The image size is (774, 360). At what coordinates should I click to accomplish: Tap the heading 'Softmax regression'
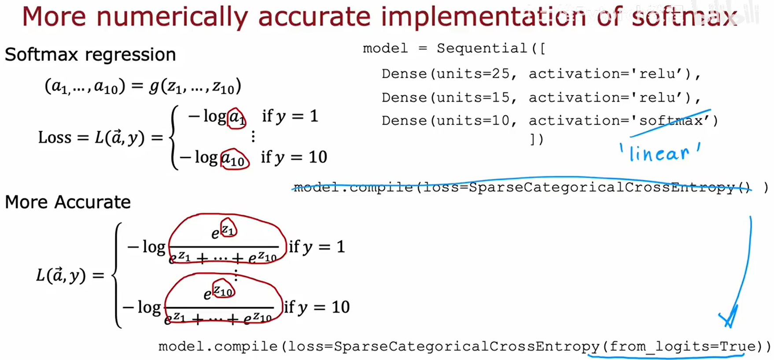click(x=90, y=55)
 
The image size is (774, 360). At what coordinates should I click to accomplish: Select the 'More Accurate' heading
click(x=68, y=202)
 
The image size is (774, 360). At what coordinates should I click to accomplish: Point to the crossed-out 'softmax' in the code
click(x=671, y=120)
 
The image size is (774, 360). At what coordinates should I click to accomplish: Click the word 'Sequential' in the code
click(x=482, y=48)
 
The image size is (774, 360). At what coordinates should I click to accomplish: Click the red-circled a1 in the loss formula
click(x=236, y=118)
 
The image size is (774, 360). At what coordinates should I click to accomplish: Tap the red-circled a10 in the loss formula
click(x=234, y=159)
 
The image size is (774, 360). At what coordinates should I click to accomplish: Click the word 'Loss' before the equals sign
click(x=55, y=137)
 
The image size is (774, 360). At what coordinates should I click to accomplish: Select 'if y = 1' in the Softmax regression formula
click(x=290, y=116)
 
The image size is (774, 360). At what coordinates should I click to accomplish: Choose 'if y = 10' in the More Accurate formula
click(x=317, y=307)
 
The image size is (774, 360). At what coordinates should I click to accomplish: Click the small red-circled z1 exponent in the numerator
click(x=228, y=228)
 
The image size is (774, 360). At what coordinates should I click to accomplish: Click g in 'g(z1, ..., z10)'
click(x=154, y=86)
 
